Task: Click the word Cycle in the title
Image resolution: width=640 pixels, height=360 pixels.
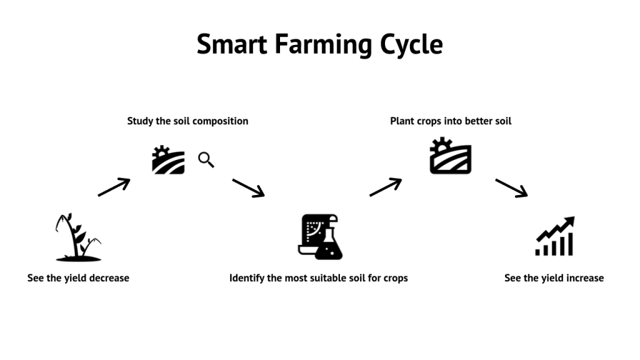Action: (x=411, y=45)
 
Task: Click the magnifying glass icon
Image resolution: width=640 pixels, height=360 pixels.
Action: (x=206, y=160)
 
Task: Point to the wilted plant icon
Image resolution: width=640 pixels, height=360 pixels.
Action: (x=77, y=237)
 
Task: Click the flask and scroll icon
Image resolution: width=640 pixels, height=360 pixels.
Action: (x=320, y=237)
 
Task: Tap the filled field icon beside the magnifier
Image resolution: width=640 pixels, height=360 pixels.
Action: (x=168, y=160)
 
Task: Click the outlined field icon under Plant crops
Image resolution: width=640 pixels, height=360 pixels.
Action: (x=450, y=156)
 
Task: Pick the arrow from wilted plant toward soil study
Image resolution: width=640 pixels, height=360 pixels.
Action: (x=114, y=187)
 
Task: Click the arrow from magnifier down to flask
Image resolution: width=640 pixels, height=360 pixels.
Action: (x=248, y=187)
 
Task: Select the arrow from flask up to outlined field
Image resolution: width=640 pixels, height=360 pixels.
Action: (x=385, y=187)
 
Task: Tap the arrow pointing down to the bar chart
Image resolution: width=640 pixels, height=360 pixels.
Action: (x=511, y=187)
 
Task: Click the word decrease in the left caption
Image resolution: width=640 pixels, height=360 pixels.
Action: (x=107, y=277)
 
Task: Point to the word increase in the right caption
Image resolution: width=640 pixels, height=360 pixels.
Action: (x=582, y=277)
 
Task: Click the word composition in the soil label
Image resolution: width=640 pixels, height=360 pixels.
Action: (x=220, y=121)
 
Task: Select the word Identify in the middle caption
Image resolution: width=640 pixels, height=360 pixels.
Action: (x=247, y=277)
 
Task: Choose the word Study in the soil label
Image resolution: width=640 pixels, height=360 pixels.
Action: (x=141, y=121)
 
